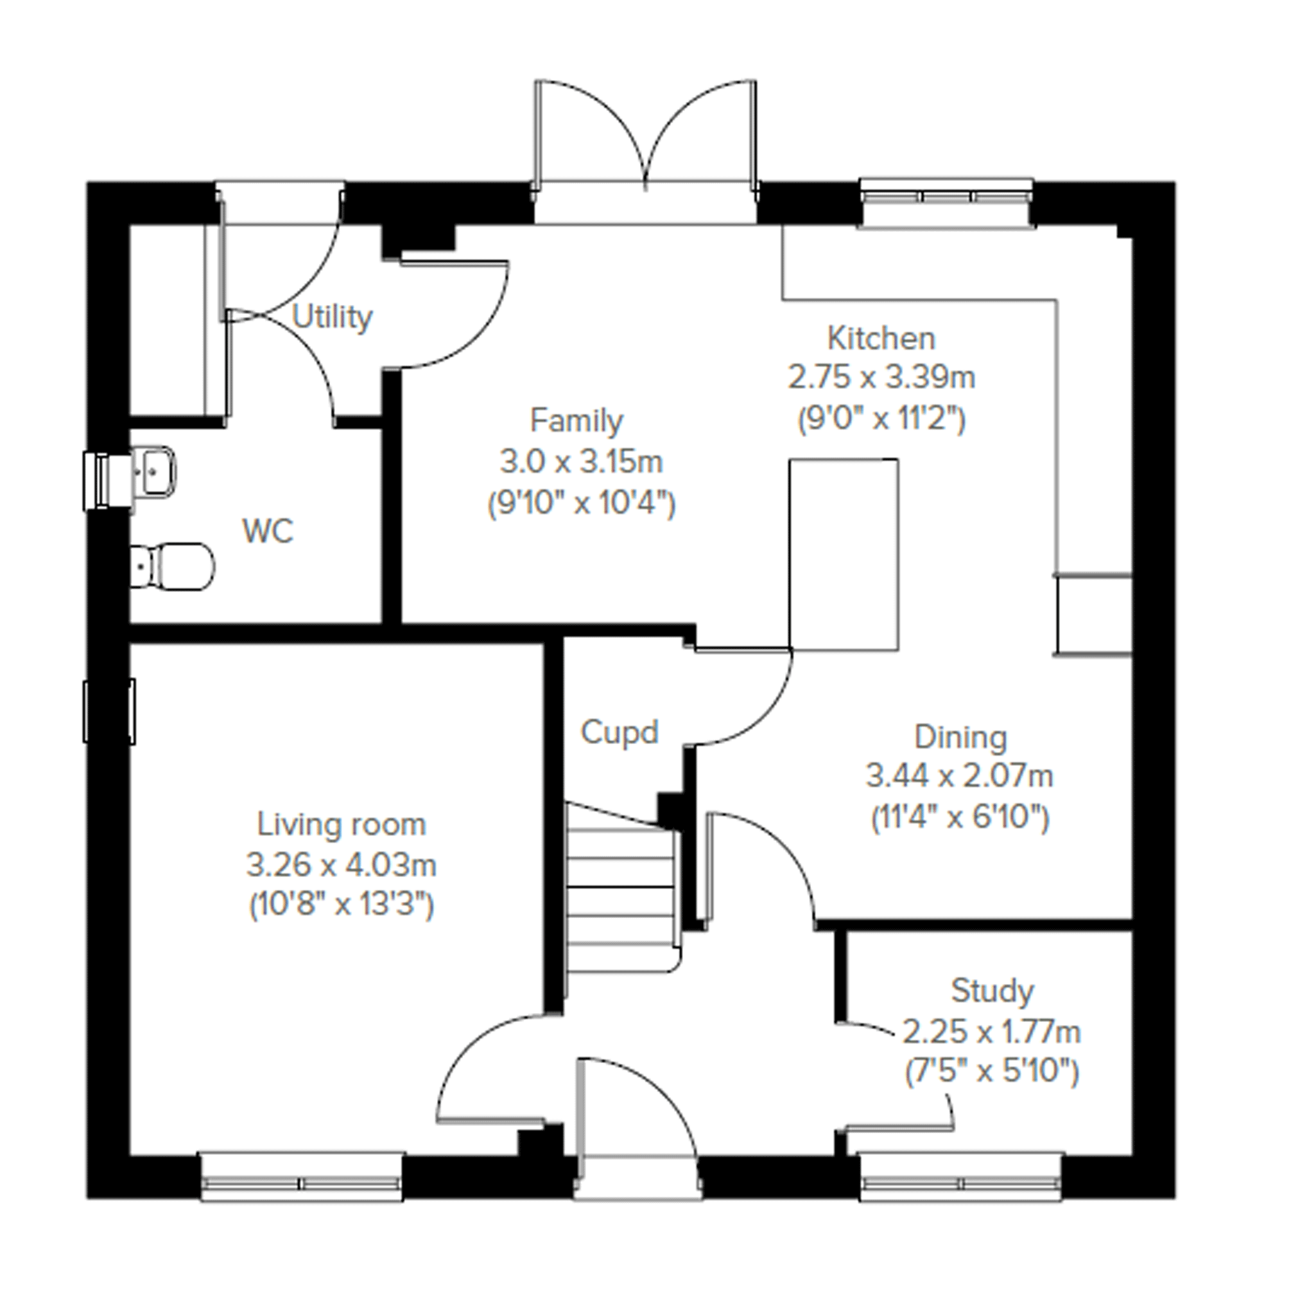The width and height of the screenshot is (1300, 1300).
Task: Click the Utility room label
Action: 332,318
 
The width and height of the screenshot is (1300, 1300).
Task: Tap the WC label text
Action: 268,532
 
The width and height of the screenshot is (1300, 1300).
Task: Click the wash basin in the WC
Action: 153,472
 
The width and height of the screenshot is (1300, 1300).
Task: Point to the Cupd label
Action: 619,732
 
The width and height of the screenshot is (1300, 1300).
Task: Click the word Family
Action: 576,421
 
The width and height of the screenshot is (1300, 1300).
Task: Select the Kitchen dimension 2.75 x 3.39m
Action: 881,377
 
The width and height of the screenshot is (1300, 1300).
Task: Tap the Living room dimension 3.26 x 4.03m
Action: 341,865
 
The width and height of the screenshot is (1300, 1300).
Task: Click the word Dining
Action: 960,738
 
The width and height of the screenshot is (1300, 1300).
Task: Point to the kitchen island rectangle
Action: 844,555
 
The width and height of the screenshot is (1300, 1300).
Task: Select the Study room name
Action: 992,992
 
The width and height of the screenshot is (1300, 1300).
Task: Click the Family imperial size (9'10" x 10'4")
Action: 582,504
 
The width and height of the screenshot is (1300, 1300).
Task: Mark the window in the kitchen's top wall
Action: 946,202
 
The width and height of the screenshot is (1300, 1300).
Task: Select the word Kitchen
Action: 881,338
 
